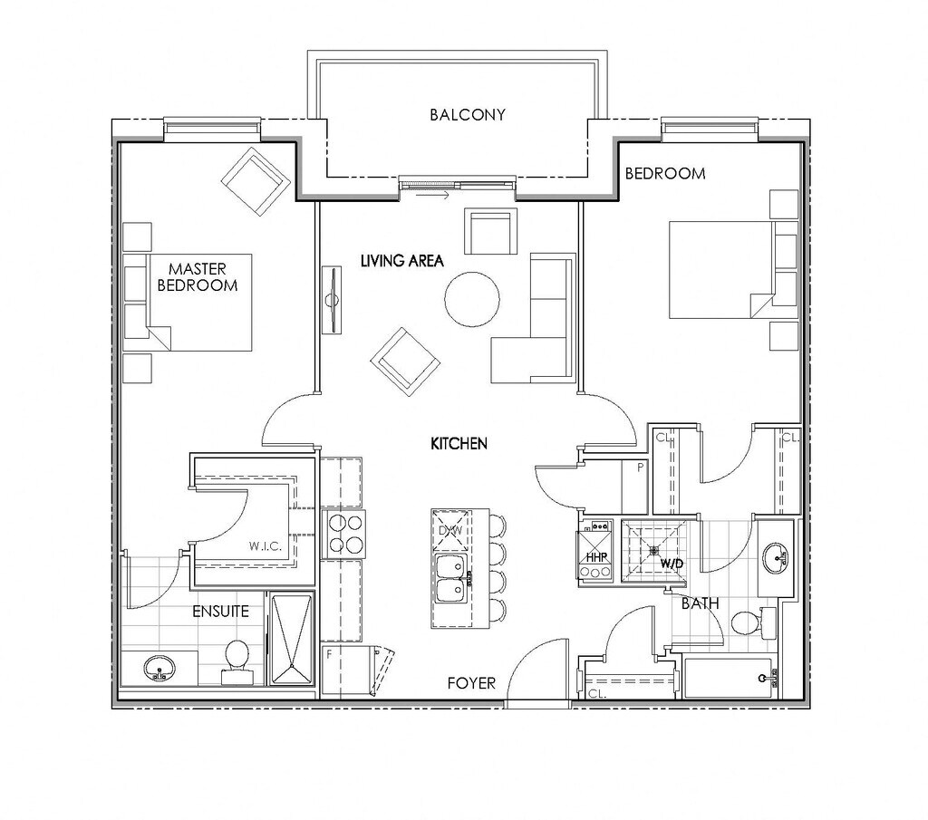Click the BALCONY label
click(x=467, y=115)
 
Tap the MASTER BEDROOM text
click(x=198, y=276)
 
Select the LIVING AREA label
click(x=401, y=261)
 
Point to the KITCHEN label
click(x=459, y=444)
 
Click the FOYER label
click(x=471, y=682)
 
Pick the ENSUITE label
click(x=220, y=611)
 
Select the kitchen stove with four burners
click(x=344, y=533)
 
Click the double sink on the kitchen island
click(x=449, y=577)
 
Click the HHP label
click(x=595, y=557)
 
